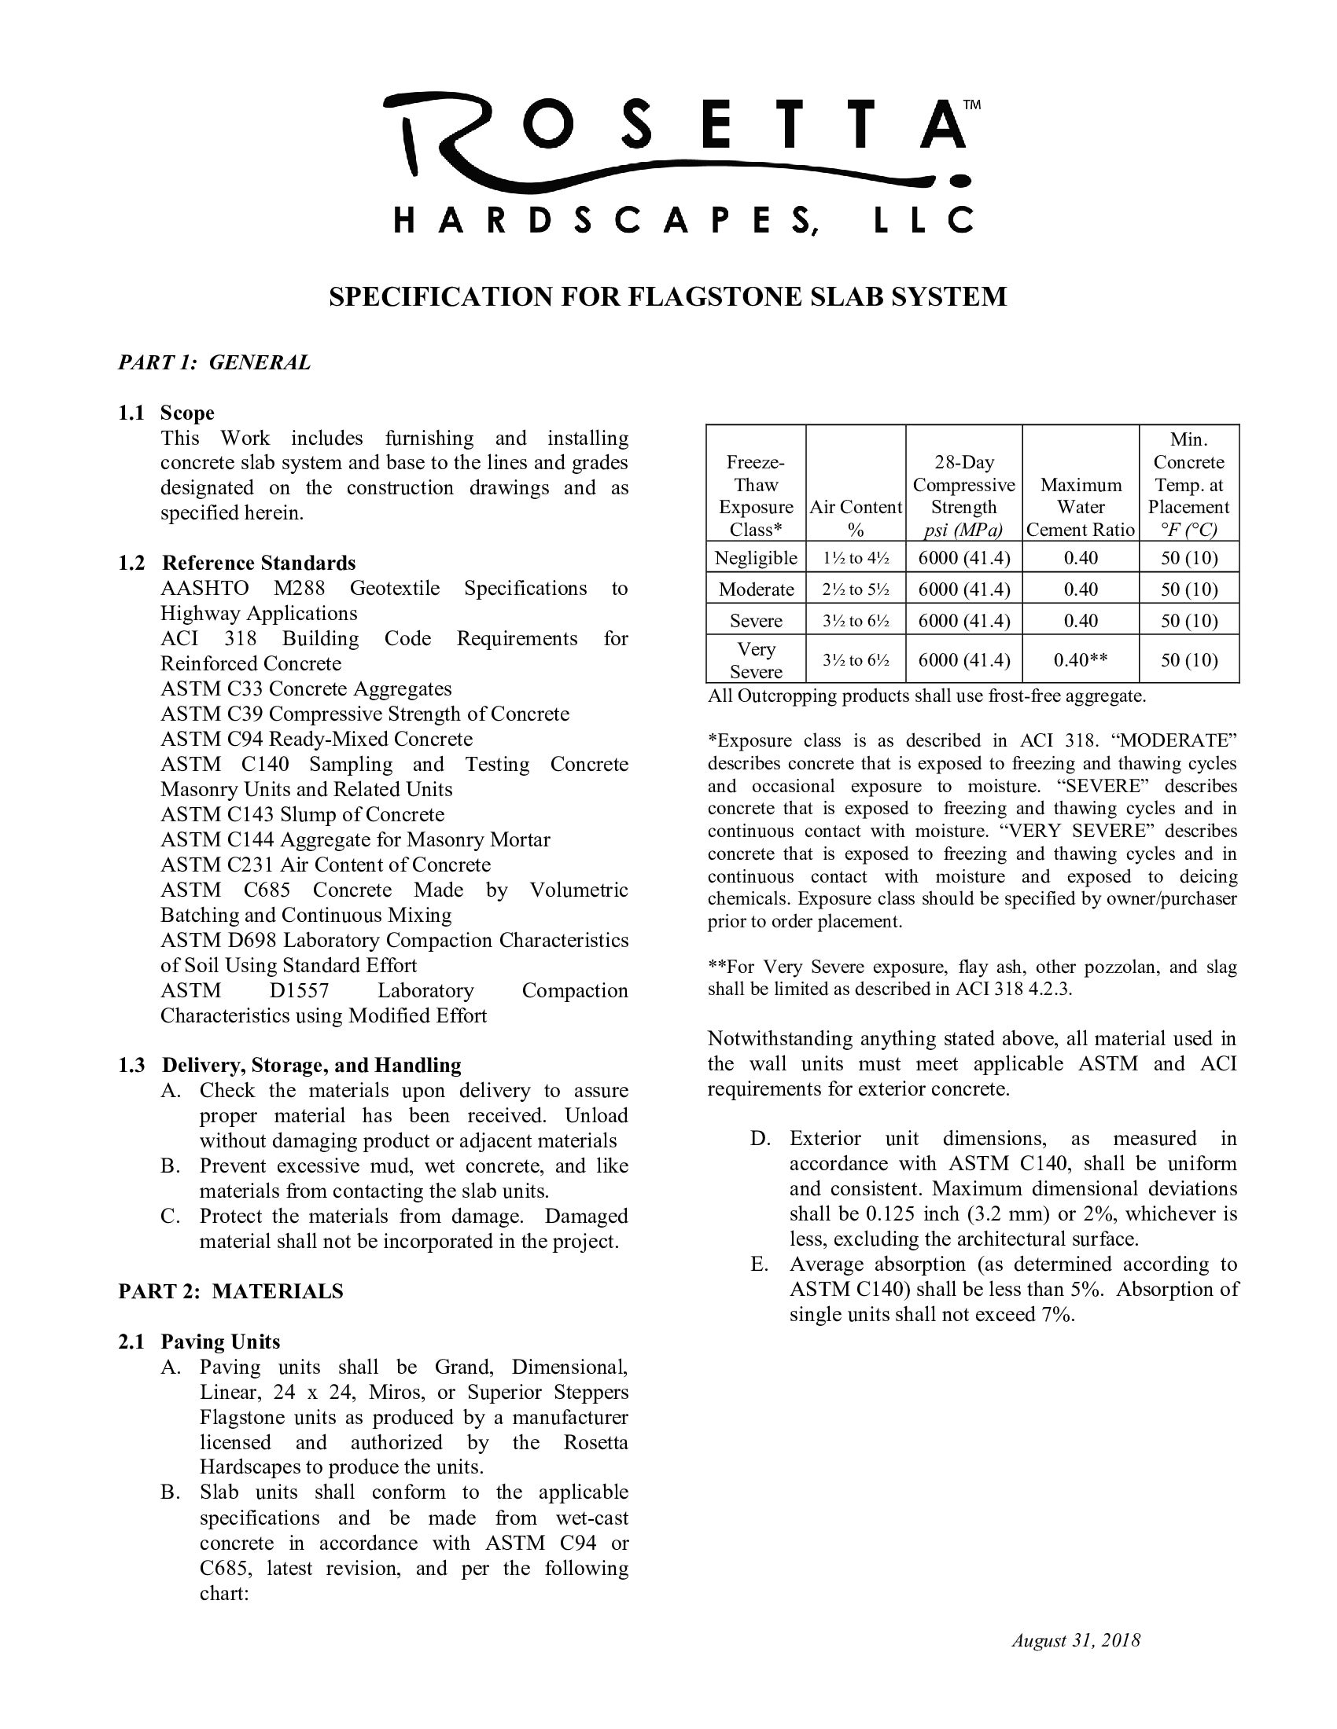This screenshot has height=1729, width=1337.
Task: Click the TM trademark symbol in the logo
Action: (x=971, y=105)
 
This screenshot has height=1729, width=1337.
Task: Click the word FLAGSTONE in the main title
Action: (x=716, y=297)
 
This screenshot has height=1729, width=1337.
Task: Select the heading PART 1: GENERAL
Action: (x=214, y=362)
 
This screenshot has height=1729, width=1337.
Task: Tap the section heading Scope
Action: (x=187, y=413)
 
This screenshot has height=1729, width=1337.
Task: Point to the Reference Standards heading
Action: (x=259, y=563)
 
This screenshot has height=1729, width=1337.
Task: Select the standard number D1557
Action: (x=299, y=990)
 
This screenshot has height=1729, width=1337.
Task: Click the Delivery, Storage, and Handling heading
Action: (x=311, y=1065)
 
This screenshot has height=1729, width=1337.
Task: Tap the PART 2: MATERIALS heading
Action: (x=230, y=1291)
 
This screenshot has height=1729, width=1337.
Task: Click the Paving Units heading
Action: (x=220, y=1342)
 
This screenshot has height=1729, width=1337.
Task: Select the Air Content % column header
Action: (x=856, y=518)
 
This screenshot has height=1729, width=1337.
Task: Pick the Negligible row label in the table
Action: (x=756, y=558)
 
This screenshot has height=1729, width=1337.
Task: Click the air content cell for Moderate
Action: (x=856, y=589)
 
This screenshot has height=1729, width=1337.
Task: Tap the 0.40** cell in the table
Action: (x=1081, y=660)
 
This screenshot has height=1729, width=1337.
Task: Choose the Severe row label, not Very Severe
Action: (x=756, y=621)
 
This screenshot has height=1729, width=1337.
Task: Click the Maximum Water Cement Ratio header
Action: (x=1081, y=507)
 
